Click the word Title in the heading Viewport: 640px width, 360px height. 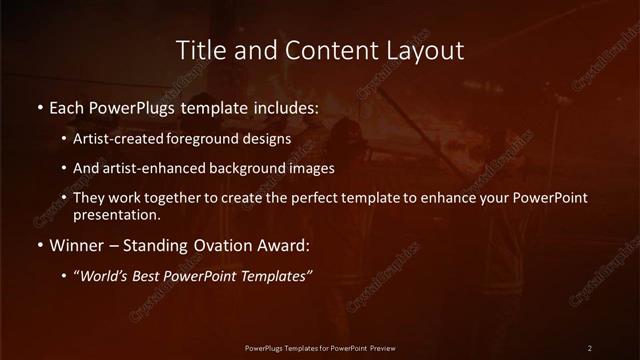coord(199,49)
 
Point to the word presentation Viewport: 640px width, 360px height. coord(115,214)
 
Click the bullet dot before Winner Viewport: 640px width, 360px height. coord(39,244)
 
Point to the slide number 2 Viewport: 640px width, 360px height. coord(590,348)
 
